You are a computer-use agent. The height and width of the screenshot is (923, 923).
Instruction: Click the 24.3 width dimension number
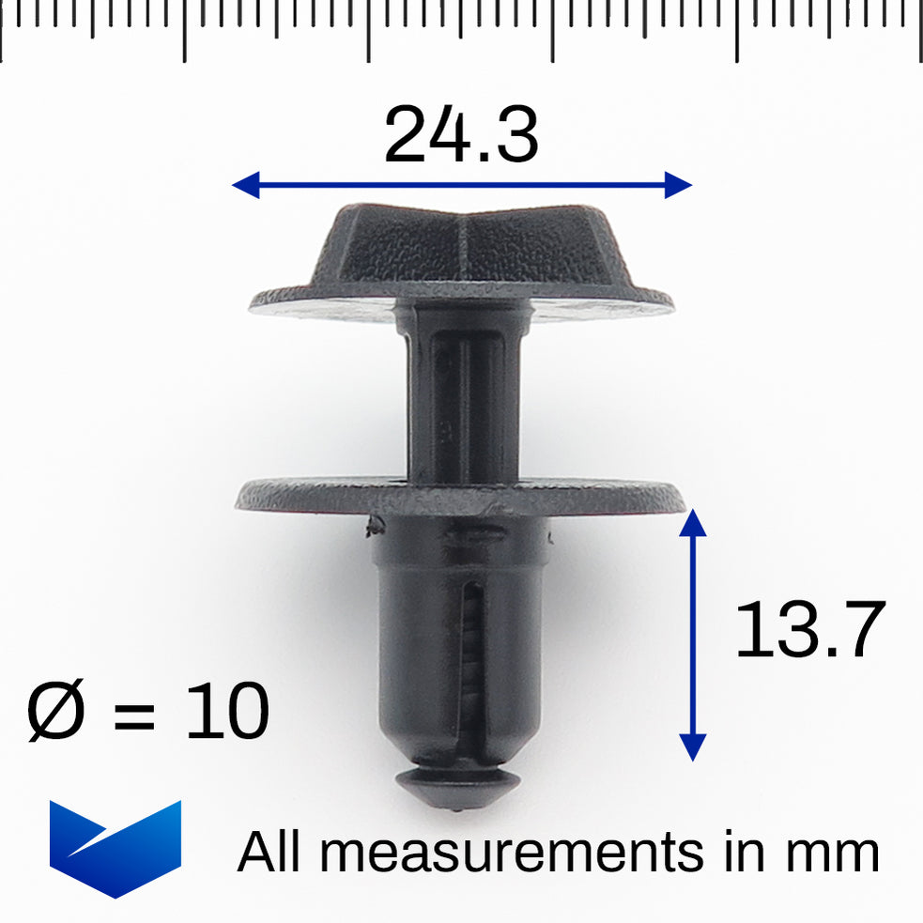click(461, 136)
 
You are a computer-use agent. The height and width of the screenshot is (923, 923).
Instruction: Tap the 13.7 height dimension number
click(809, 630)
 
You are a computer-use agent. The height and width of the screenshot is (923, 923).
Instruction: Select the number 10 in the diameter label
click(227, 712)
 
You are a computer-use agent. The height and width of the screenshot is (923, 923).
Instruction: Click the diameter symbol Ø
click(55, 712)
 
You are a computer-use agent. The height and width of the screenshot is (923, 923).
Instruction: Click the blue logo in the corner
click(115, 848)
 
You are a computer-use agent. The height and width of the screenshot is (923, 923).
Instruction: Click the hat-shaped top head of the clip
click(460, 246)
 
